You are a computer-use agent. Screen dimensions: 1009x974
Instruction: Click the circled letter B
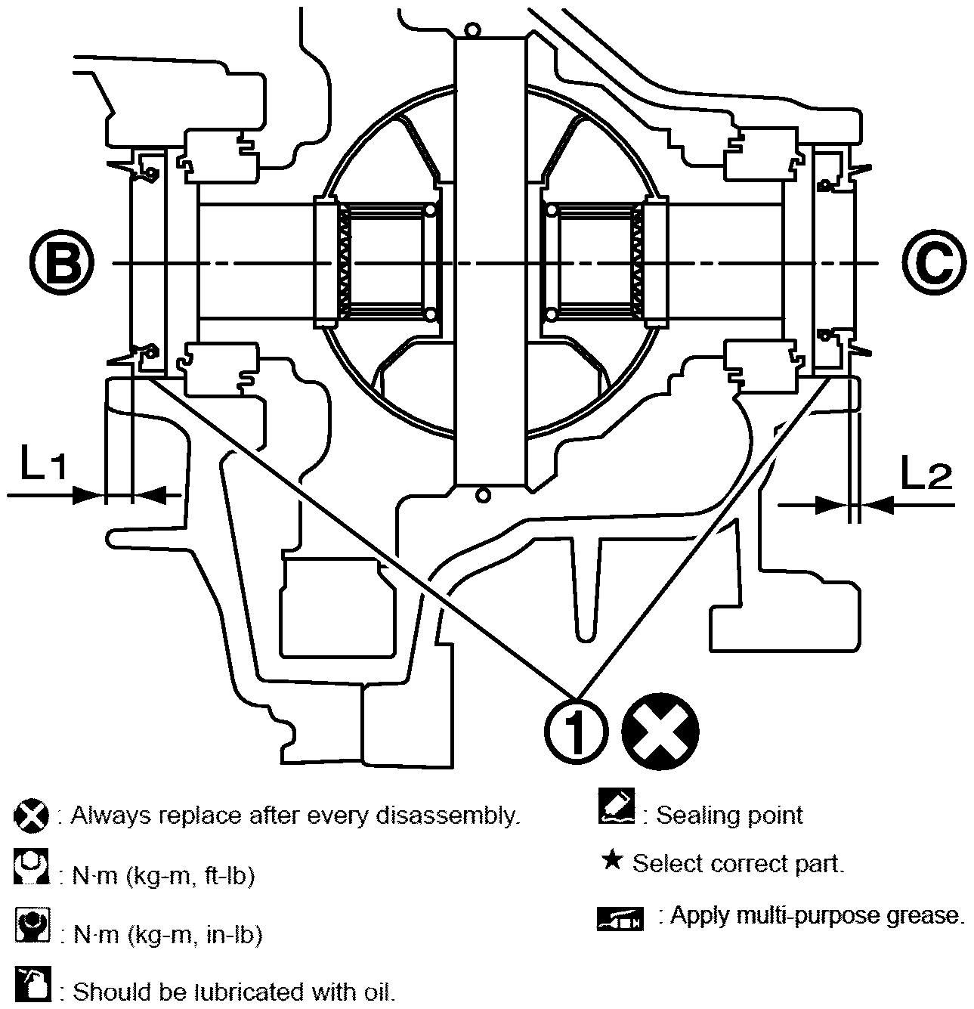(63, 264)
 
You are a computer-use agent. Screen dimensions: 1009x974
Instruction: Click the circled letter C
(934, 264)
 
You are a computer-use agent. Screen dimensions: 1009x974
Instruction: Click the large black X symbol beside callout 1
(660, 730)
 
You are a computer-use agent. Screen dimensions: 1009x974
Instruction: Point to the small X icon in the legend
(31, 816)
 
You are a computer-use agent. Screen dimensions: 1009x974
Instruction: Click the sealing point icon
(616, 806)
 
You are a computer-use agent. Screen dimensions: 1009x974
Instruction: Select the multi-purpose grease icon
(620, 918)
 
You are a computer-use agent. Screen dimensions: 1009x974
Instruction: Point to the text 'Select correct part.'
(738, 863)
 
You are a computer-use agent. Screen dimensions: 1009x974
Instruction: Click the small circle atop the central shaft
(473, 31)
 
